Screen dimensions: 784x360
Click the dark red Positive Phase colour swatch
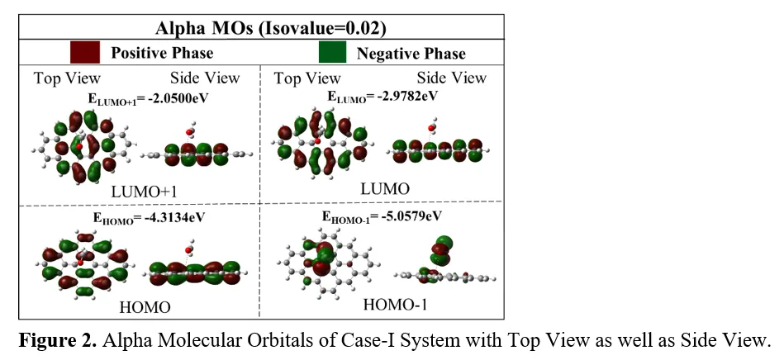pos(85,52)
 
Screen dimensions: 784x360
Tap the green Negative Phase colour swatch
pos(332,52)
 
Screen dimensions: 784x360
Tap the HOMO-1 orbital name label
pos(395,304)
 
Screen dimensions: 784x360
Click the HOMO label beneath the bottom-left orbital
pos(145,307)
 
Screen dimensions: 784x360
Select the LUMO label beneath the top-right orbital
pos(385,189)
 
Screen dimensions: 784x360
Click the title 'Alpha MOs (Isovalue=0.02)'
pos(271,28)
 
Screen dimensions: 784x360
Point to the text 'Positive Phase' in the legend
pos(162,53)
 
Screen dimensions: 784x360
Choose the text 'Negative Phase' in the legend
pos(411,54)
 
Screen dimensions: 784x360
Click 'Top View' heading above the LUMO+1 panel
pos(67,78)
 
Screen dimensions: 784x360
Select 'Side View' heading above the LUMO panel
pos(452,78)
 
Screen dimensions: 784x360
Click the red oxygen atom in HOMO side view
pos(188,250)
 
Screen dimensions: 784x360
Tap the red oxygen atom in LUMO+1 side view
pos(189,132)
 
